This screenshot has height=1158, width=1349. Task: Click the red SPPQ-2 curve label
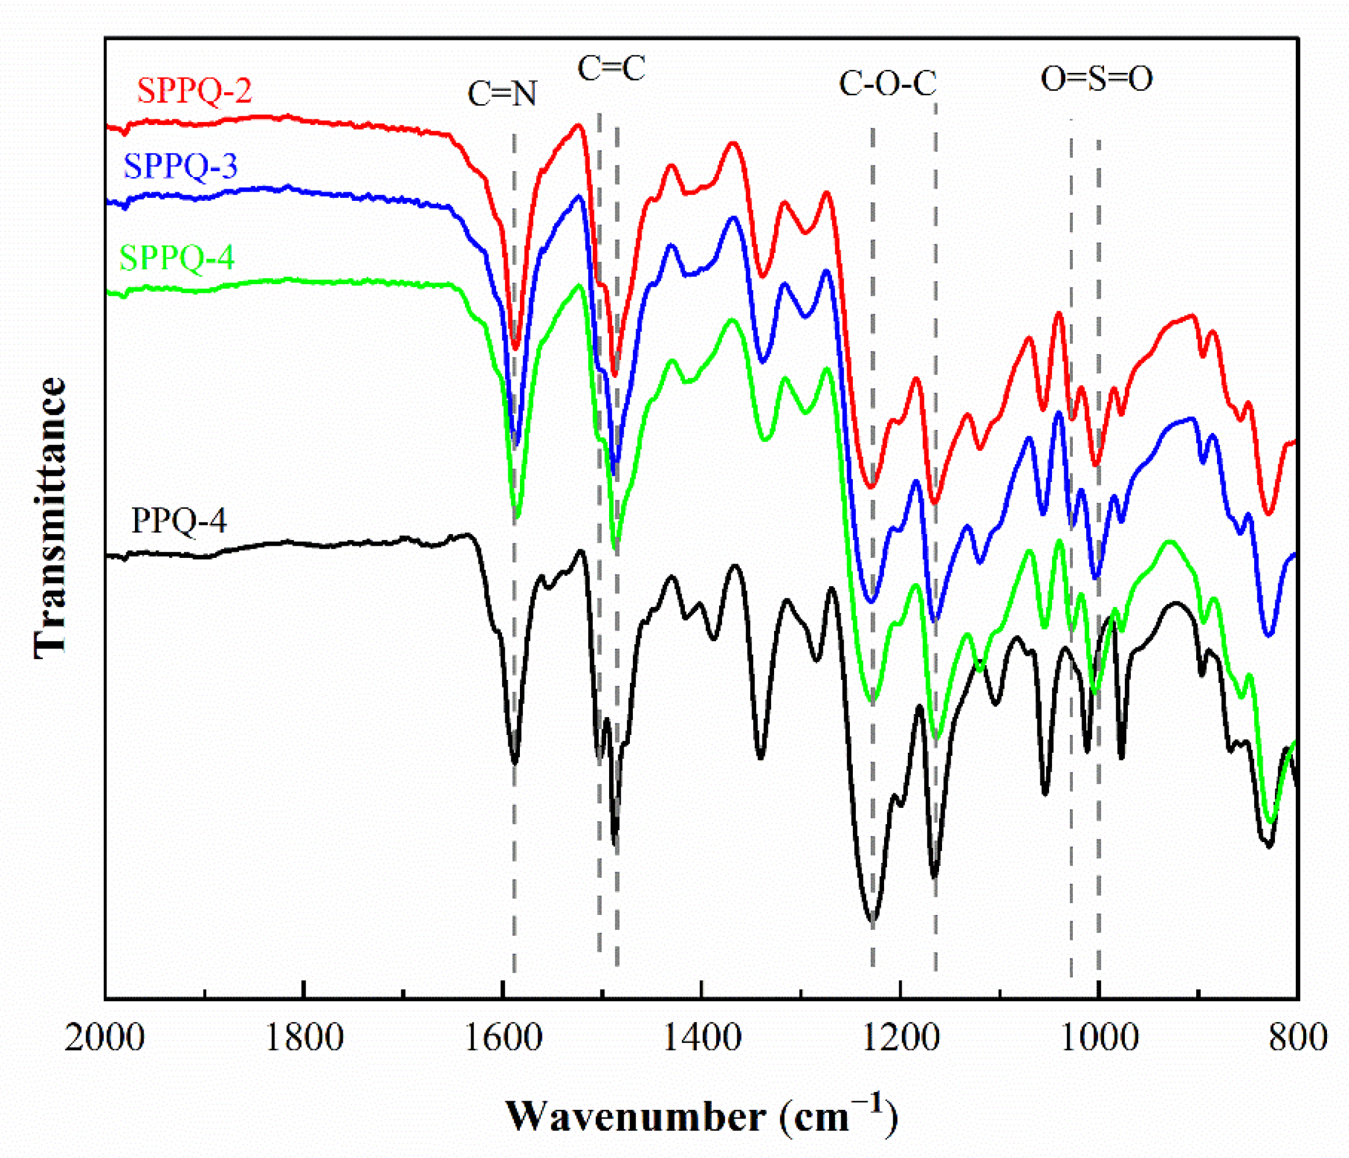click(x=194, y=90)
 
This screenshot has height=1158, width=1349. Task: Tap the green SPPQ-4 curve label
click(x=177, y=258)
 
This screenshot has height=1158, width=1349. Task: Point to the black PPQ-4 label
click(x=179, y=520)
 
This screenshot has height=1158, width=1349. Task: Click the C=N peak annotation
click(x=502, y=94)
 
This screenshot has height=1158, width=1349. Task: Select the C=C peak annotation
click(x=611, y=68)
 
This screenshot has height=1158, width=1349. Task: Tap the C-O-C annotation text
click(x=888, y=84)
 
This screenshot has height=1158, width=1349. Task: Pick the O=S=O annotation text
click(x=1097, y=79)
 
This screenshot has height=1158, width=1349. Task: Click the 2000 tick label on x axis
click(x=104, y=1037)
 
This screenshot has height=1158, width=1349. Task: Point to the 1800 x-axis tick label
click(x=303, y=1037)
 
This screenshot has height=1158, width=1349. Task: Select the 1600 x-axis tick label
click(x=503, y=1037)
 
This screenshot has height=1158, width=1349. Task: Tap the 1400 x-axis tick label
click(x=701, y=1037)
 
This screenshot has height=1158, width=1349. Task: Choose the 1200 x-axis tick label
click(x=900, y=1037)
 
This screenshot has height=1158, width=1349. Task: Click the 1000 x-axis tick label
click(x=1099, y=1037)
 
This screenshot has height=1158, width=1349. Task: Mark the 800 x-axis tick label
click(x=1297, y=1037)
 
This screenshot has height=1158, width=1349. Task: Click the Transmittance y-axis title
click(x=51, y=517)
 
